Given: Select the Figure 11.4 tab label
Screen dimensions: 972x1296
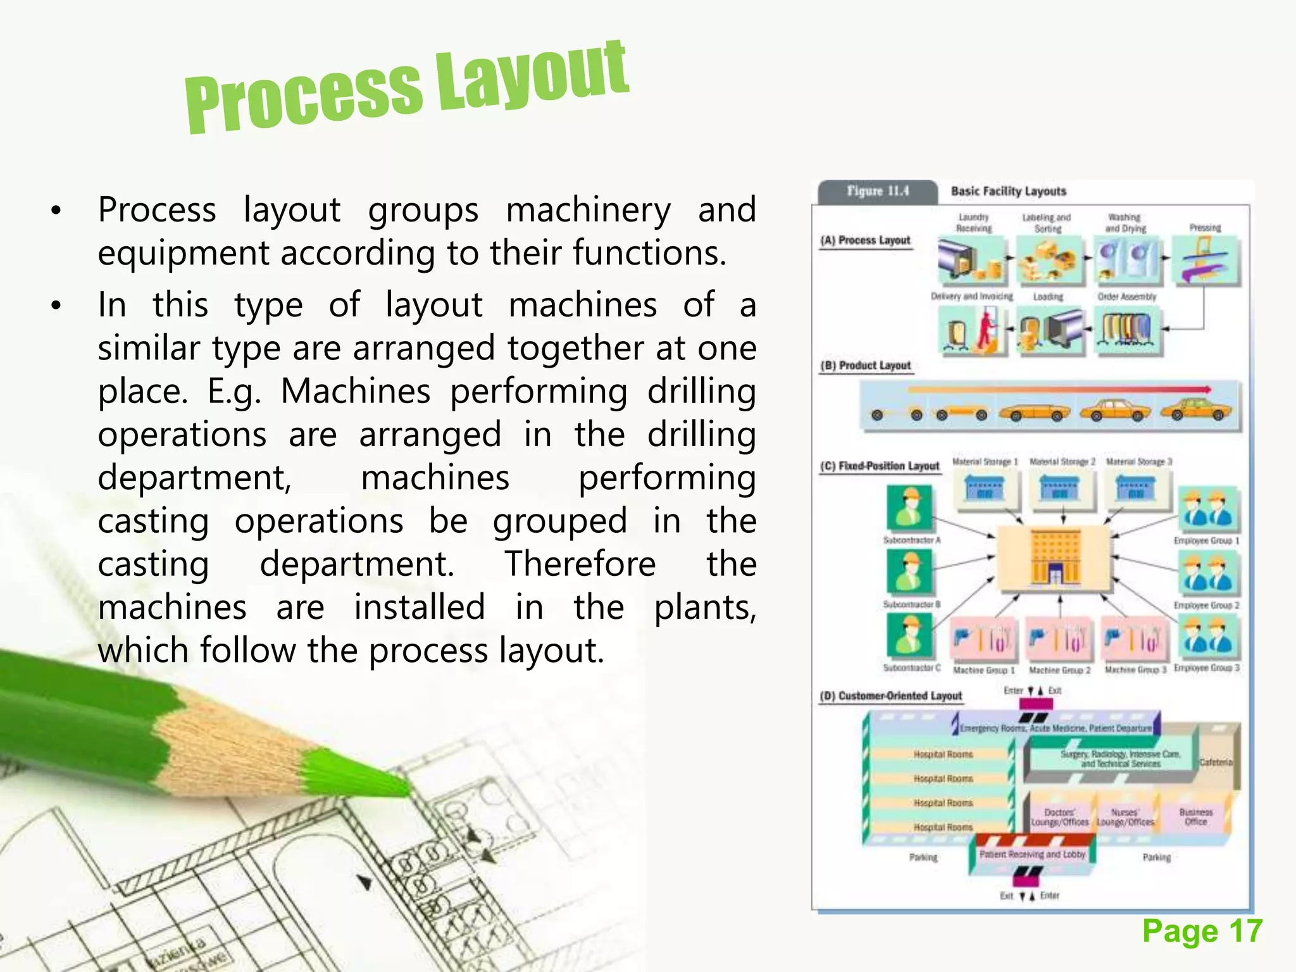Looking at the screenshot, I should pos(878,191).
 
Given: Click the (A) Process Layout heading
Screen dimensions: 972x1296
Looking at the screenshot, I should pos(865,240).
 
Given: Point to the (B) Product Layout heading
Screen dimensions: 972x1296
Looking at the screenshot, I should pos(866,366).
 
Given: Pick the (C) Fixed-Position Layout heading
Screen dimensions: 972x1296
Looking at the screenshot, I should pos(880,466).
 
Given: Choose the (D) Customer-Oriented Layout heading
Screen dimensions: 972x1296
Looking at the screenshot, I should pos(891,696).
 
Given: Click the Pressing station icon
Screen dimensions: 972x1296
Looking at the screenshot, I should pos(1205,259).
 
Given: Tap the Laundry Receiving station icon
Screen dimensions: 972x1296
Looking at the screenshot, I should pos(973,259).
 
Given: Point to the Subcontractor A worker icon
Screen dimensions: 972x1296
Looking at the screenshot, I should pos(909,508).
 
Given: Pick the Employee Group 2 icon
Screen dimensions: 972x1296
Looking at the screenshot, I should pos(1207,572).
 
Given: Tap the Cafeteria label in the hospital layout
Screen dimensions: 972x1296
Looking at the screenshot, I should pos(1216,763).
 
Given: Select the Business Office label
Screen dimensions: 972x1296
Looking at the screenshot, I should pos(1195,816).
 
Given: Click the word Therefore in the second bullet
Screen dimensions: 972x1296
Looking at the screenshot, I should pos(580,564).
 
